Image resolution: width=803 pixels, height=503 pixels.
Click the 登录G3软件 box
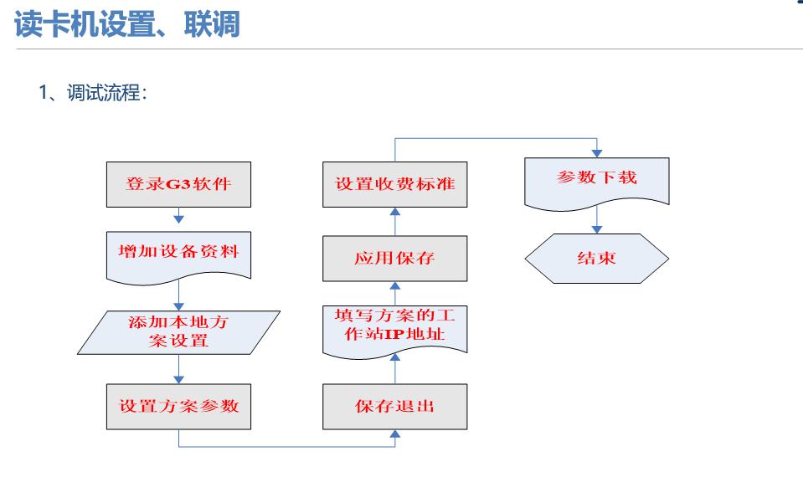[178, 184]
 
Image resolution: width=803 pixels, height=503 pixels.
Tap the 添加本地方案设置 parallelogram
[178, 332]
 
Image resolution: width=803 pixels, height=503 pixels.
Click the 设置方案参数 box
[178, 406]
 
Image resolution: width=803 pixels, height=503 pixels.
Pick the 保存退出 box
[395, 406]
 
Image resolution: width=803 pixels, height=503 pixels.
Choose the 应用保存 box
[395, 259]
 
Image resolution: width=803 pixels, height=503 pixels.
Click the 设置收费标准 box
[395, 184]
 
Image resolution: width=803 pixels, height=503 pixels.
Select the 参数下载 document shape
[597, 181]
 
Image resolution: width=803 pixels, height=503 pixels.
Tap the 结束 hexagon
[597, 259]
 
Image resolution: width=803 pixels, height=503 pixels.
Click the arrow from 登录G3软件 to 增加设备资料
[178, 215]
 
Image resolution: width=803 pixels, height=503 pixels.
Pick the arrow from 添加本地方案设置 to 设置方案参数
[178, 369]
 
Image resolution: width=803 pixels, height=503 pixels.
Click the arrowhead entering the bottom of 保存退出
[395, 434]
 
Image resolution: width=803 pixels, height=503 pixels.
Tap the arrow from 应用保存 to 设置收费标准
[395, 221]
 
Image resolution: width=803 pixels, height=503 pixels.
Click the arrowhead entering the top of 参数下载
[597, 153]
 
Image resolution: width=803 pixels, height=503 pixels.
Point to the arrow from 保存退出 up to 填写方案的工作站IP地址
[395, 372]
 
